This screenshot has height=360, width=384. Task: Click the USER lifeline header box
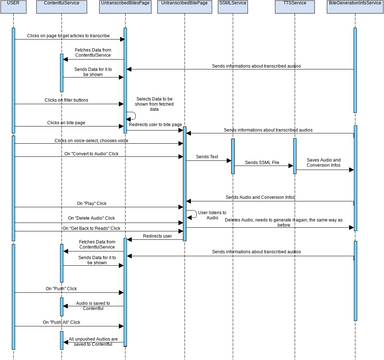(x=13, y=5)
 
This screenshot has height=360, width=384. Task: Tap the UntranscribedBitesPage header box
(x=125, y=5)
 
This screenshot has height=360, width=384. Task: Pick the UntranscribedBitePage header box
(x=183, y=5)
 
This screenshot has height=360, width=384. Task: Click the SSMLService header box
(x=234, y=5)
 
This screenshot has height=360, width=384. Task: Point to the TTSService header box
(x=292, y=5)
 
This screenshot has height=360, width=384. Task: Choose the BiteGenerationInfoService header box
(x=354, y=5)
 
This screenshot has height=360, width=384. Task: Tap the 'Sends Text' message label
(x=207, y=157)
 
